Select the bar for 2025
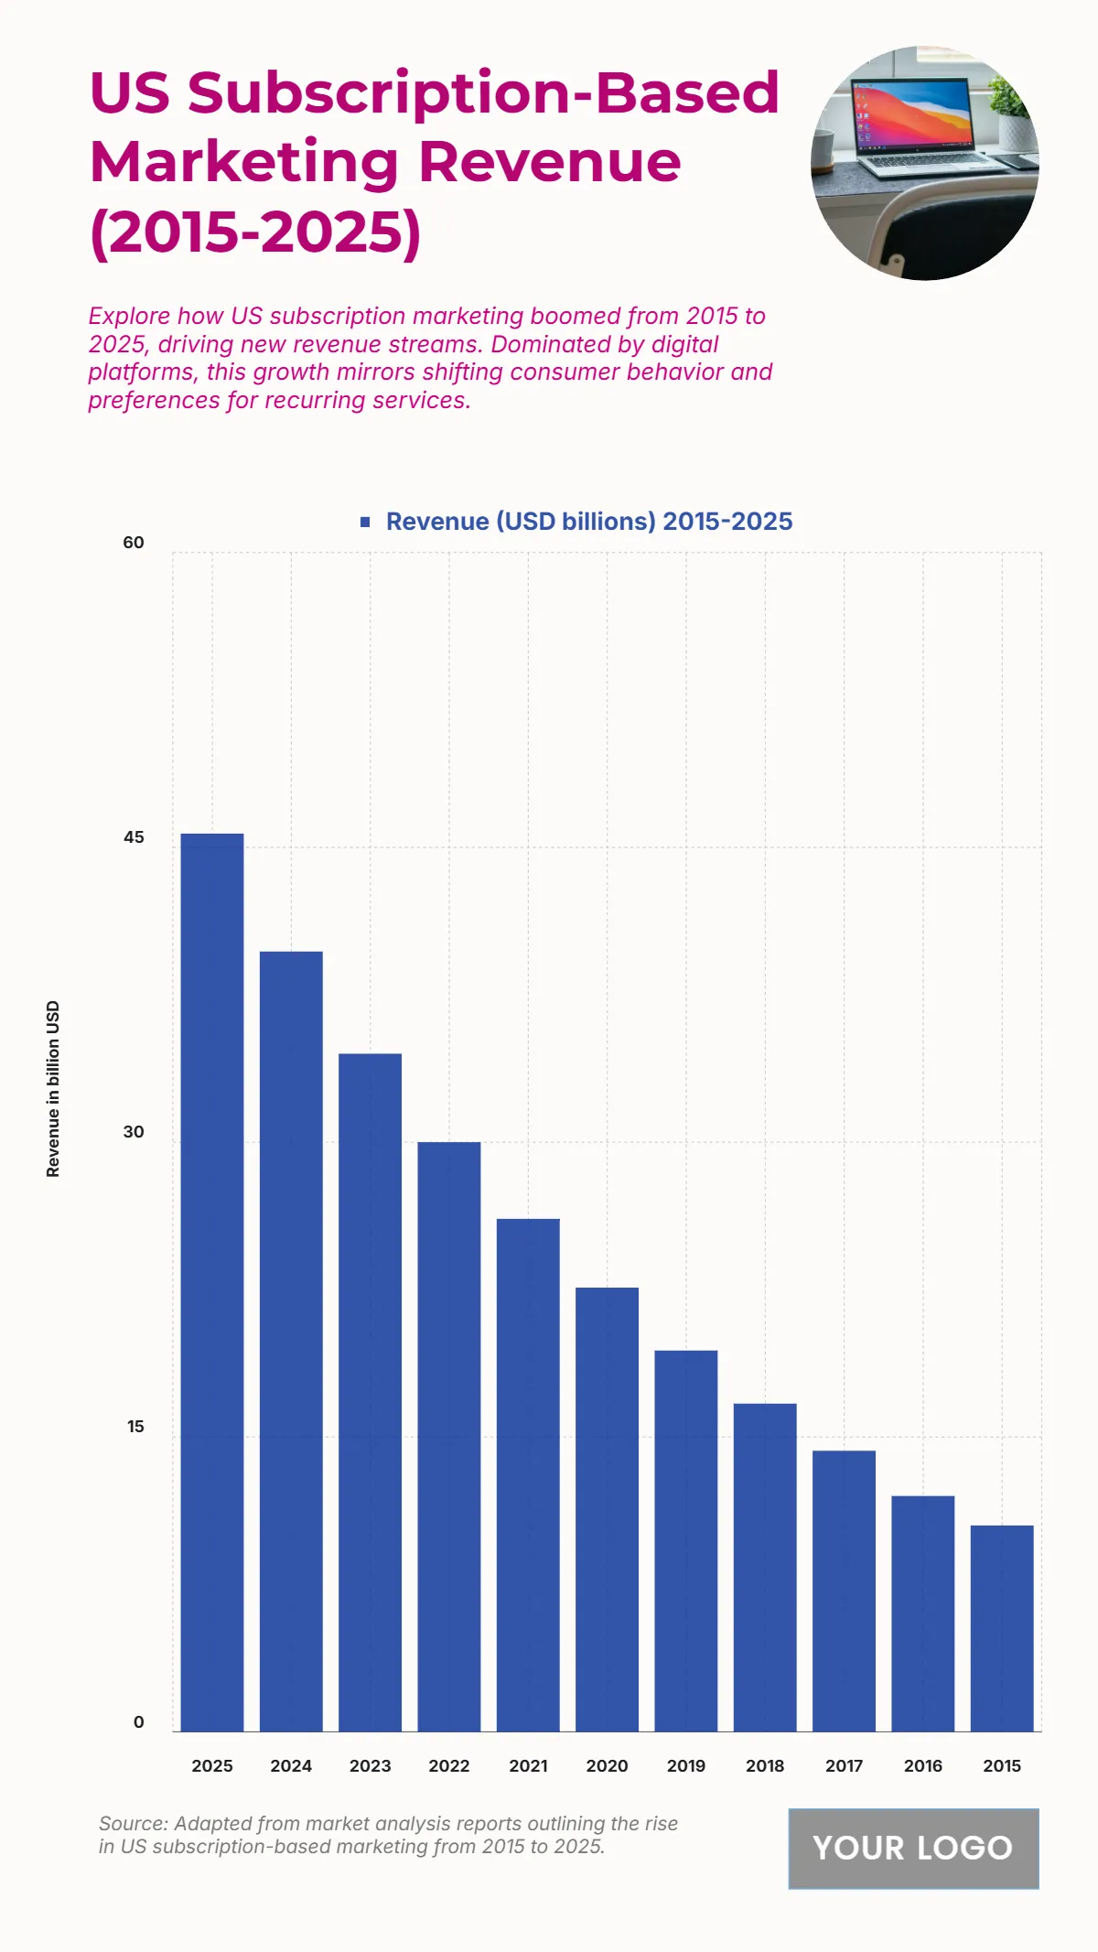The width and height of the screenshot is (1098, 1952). click(x=212, y=1281)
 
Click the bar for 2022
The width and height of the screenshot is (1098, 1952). click(x=449, y=1437)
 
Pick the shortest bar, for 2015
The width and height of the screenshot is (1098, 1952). click(x=1002, y=1628)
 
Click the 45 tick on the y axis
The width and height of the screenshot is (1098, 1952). click(x=134, y=837)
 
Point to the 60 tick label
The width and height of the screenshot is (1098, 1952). click(x=134, y=543)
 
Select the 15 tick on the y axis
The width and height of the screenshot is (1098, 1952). click(x=135, y=1427)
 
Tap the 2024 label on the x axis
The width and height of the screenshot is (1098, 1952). click(x=291, y=1765)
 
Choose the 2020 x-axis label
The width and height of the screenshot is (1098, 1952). click(x=607, y=1765)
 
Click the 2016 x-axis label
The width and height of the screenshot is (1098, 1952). click(x=922, y=1765)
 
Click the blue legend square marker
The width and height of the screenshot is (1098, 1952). click(x=365, y=522)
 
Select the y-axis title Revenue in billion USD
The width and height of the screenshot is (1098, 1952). click(x=53, y=1089)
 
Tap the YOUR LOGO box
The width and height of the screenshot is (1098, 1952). click(x=913, y=1848)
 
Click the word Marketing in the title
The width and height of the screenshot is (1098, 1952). click(x=244, y=162)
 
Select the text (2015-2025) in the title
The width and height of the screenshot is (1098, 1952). click(x=255, y=232)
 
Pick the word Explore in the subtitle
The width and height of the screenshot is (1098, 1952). click(x=129, y=316)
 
